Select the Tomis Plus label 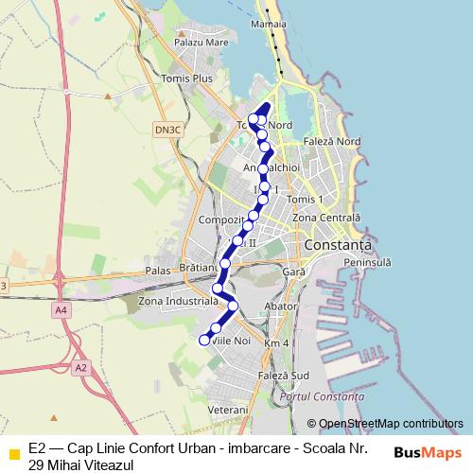188,79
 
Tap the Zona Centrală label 326,218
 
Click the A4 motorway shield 61,308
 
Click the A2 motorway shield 80,367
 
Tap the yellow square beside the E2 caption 13,451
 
